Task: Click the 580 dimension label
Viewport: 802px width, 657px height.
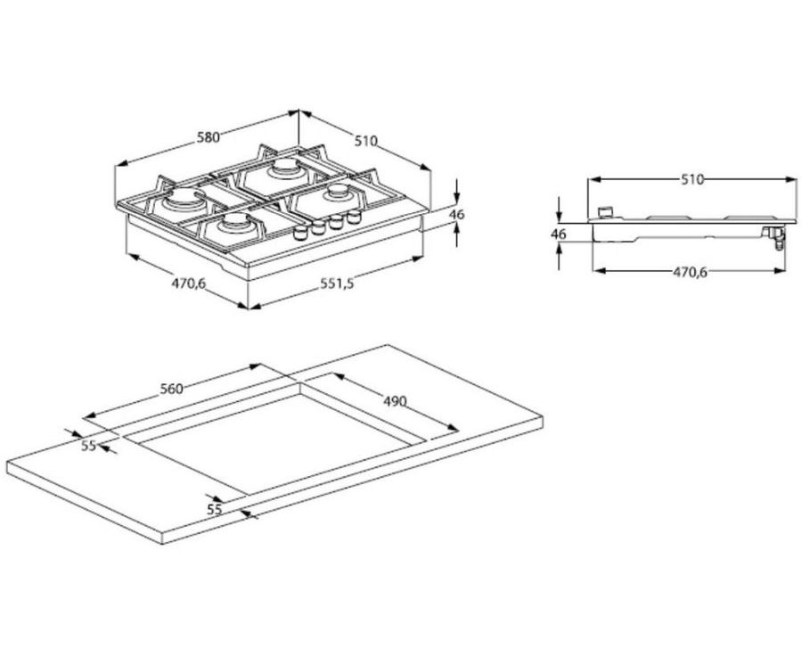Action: coord(208,137)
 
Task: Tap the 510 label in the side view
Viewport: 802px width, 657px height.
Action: coord(692,179)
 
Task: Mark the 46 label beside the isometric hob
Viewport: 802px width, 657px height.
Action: coord(457,215)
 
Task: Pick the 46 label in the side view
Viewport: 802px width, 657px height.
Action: coord(559,234)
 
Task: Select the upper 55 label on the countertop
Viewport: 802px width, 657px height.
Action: coord(88,446)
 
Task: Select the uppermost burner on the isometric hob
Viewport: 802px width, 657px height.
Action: coord(286,169)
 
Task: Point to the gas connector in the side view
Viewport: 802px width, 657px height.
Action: coord(775,236)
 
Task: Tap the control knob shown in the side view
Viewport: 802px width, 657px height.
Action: coord(609,212)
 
